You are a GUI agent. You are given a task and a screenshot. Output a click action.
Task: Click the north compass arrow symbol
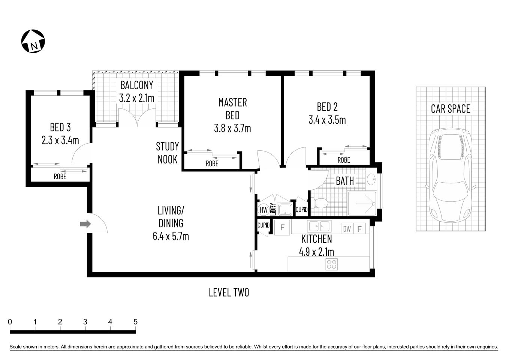pos(33,41)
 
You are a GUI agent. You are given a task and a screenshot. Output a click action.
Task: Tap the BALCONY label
pos(136,85)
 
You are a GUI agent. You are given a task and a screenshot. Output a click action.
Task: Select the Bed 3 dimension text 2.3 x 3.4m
pos(60,140)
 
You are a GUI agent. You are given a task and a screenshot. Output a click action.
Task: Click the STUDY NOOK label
pos(168,153)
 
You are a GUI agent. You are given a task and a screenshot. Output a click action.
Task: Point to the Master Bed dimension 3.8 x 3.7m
pos(232,128)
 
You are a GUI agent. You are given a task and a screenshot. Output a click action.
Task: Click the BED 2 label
pos(327,107)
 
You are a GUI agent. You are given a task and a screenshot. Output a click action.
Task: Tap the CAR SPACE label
pos(450,109)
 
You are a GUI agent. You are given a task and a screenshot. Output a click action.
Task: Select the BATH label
pos(344,181)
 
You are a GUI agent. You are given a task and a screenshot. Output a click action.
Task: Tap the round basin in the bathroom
pos(371,180)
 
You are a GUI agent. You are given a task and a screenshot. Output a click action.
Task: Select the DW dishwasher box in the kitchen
pos(347,228)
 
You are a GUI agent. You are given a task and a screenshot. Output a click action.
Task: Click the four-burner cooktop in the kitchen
pos(331,264)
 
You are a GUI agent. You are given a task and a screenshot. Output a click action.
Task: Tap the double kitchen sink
pos(319,226)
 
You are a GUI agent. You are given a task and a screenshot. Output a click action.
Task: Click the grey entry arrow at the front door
pos(85,224)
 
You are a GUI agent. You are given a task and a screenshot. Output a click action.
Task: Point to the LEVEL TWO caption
pos(229,292)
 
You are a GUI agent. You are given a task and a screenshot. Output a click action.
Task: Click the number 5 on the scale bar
pos(135,322)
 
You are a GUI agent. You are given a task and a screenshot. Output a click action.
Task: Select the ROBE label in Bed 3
pos(60,176)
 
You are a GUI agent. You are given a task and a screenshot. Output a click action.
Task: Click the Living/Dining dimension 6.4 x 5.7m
pos(171,236)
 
